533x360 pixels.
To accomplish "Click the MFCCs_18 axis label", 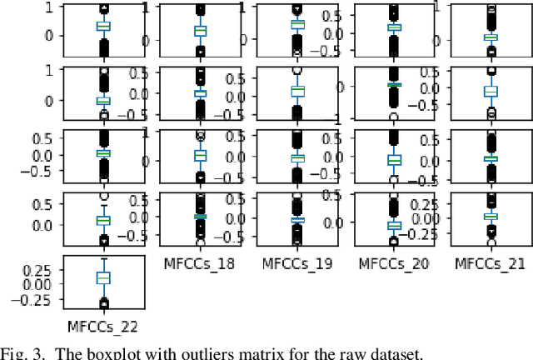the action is [201, 262].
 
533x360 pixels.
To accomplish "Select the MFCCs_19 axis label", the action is [296, 262].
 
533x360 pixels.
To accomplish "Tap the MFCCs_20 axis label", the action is [392, 262].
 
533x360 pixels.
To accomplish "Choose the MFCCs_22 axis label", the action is [104, 324].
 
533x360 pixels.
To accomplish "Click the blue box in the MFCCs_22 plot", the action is [104, 277].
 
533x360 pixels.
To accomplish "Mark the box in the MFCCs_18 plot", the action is [201, 217].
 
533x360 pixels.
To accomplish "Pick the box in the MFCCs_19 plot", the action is [296, 219].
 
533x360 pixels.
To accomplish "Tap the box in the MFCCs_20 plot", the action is [392, 224].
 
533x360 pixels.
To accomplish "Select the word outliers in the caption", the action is [195, 352].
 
